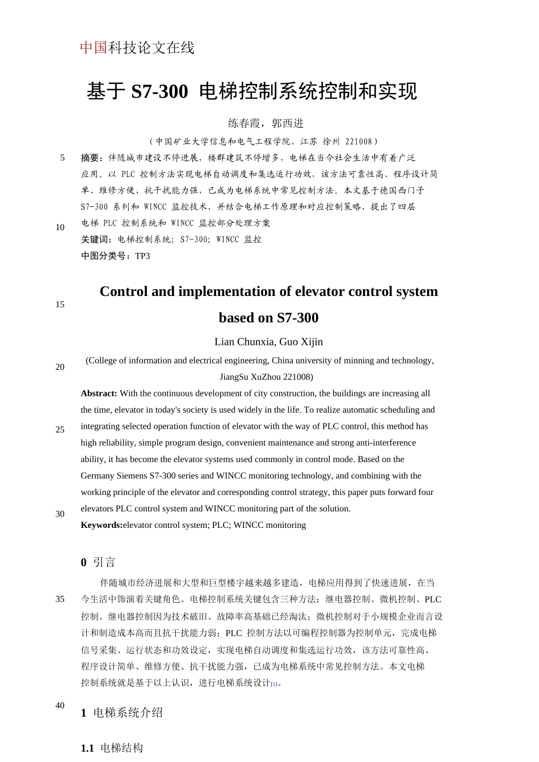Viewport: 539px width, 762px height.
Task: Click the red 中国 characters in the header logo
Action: (x=94, y=48)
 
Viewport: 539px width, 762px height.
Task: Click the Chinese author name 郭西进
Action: (x=288, y=123)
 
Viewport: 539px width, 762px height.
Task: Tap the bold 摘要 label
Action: (x=91, y=158)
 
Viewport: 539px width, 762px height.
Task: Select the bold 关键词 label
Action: (x=96, y=239)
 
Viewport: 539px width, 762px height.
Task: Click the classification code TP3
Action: (x=142, y=256)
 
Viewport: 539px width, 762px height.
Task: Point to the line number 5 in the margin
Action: (x=62, y=158)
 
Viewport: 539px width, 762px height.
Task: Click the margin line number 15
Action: (x=60, y=304)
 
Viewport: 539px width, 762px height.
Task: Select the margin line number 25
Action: (x=60, y=430)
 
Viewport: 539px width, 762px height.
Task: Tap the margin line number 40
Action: (x=60, y=705)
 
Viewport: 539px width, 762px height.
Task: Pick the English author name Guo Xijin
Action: (x=301, y=342)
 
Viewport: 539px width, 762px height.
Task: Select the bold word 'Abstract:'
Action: (x=99, y=393)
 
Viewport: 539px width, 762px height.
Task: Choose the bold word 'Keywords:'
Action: (x=102, y=525)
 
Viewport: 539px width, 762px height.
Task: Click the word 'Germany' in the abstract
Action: (x=98, y=476)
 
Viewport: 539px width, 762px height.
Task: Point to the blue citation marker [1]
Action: (x=274, y=684)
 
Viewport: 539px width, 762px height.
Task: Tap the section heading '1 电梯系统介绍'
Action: (x=121, y=713)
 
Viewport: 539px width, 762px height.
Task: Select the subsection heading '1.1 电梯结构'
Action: (x=112, y=748)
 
